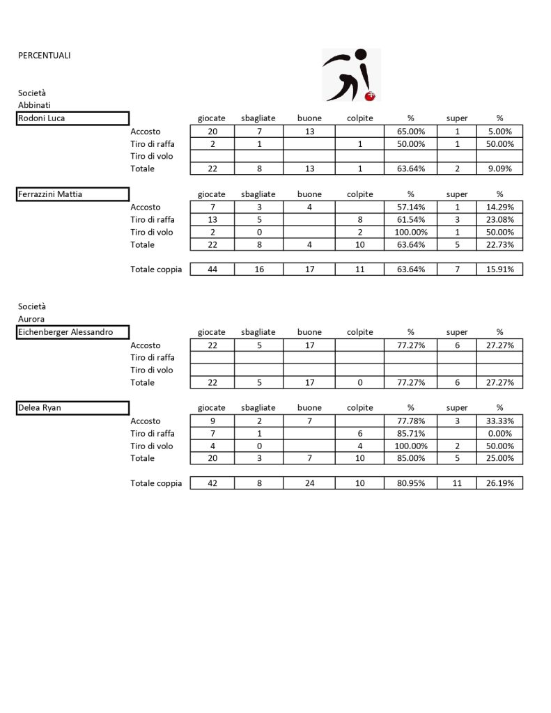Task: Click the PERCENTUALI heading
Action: (44, 55)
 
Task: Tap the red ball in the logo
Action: (371, 96)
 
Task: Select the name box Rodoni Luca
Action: (73, 118)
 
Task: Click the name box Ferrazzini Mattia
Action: (73, 194)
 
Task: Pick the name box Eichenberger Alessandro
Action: (73, 332)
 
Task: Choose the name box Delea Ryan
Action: (73, 408)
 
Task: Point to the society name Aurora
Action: (31, 319)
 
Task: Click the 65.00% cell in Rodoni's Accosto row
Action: (410, 131)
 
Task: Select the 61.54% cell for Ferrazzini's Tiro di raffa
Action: (410, 220)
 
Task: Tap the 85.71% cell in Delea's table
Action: (410, 434)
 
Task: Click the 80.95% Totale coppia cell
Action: (410, 483)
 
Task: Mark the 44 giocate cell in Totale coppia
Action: (211, 269)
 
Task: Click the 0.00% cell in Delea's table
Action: (499, 434)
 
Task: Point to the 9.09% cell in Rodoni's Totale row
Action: (499, 169)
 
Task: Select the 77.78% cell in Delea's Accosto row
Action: (410, 421)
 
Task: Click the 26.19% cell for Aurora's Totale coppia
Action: (499, 483)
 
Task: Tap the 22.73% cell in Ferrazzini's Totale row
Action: (499, 244)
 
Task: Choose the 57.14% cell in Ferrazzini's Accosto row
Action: (410, 207)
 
